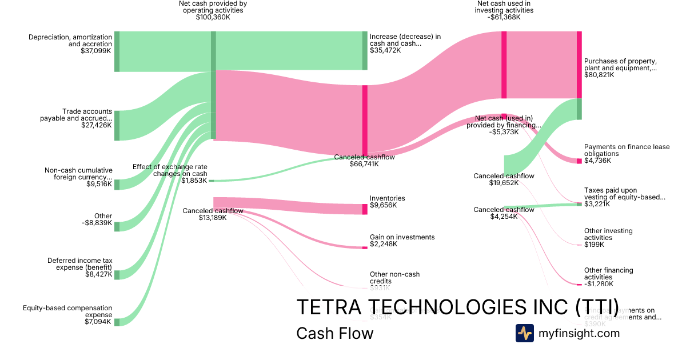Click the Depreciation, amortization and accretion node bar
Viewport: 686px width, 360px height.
point(117,51)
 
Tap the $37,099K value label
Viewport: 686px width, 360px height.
point(96,51)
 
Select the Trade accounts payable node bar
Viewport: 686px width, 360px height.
point(117,125)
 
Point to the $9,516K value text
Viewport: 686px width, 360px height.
point(98,184)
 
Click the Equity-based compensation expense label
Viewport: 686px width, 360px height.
point(67,311)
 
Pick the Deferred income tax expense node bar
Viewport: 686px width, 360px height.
point(117,275)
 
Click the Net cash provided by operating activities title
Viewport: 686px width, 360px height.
point(213,6)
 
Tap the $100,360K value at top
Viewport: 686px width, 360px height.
point(213,17)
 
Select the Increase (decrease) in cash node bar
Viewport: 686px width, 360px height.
point(365,50)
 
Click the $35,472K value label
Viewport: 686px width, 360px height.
point(385,50)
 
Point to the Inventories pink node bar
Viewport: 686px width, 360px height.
point(365,209)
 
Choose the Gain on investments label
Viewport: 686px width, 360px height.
point(402,237)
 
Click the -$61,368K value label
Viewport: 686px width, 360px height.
point(504,17)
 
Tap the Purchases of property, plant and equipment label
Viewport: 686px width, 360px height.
point(620,65)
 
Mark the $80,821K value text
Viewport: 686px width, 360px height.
point(599,75)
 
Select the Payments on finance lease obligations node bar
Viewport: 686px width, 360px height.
point(579,161)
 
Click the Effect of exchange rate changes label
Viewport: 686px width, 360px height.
point(170,170)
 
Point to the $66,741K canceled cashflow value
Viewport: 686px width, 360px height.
point(364,164)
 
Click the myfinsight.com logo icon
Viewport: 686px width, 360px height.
point(524,333)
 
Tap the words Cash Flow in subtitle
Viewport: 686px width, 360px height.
point(334,333)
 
